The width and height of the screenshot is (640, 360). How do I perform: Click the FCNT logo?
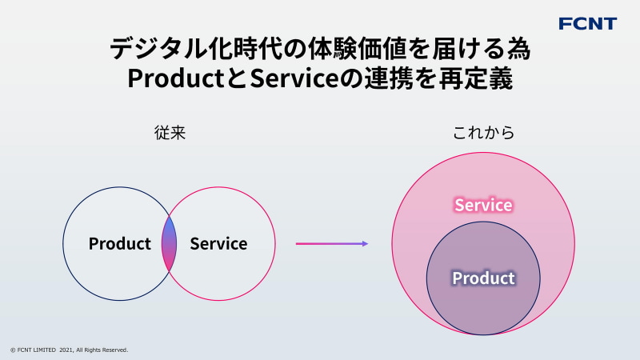(587, 23)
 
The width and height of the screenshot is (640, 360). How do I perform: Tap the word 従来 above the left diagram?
(170, 133)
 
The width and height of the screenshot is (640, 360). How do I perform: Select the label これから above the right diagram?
(483, 133)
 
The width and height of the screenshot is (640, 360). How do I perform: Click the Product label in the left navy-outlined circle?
(119, 244)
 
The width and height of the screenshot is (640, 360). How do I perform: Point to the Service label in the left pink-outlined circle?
(218, 244)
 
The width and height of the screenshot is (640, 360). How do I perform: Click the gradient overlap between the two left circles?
(169, 243)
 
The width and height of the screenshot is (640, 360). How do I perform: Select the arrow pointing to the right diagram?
(331, 243)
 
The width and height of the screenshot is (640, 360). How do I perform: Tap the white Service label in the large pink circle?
(483, 205)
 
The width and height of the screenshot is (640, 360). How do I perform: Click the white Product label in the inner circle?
(483, 278)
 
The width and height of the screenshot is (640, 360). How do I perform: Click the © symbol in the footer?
(12, 350)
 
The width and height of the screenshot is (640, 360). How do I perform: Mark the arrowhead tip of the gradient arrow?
(366, 243)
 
